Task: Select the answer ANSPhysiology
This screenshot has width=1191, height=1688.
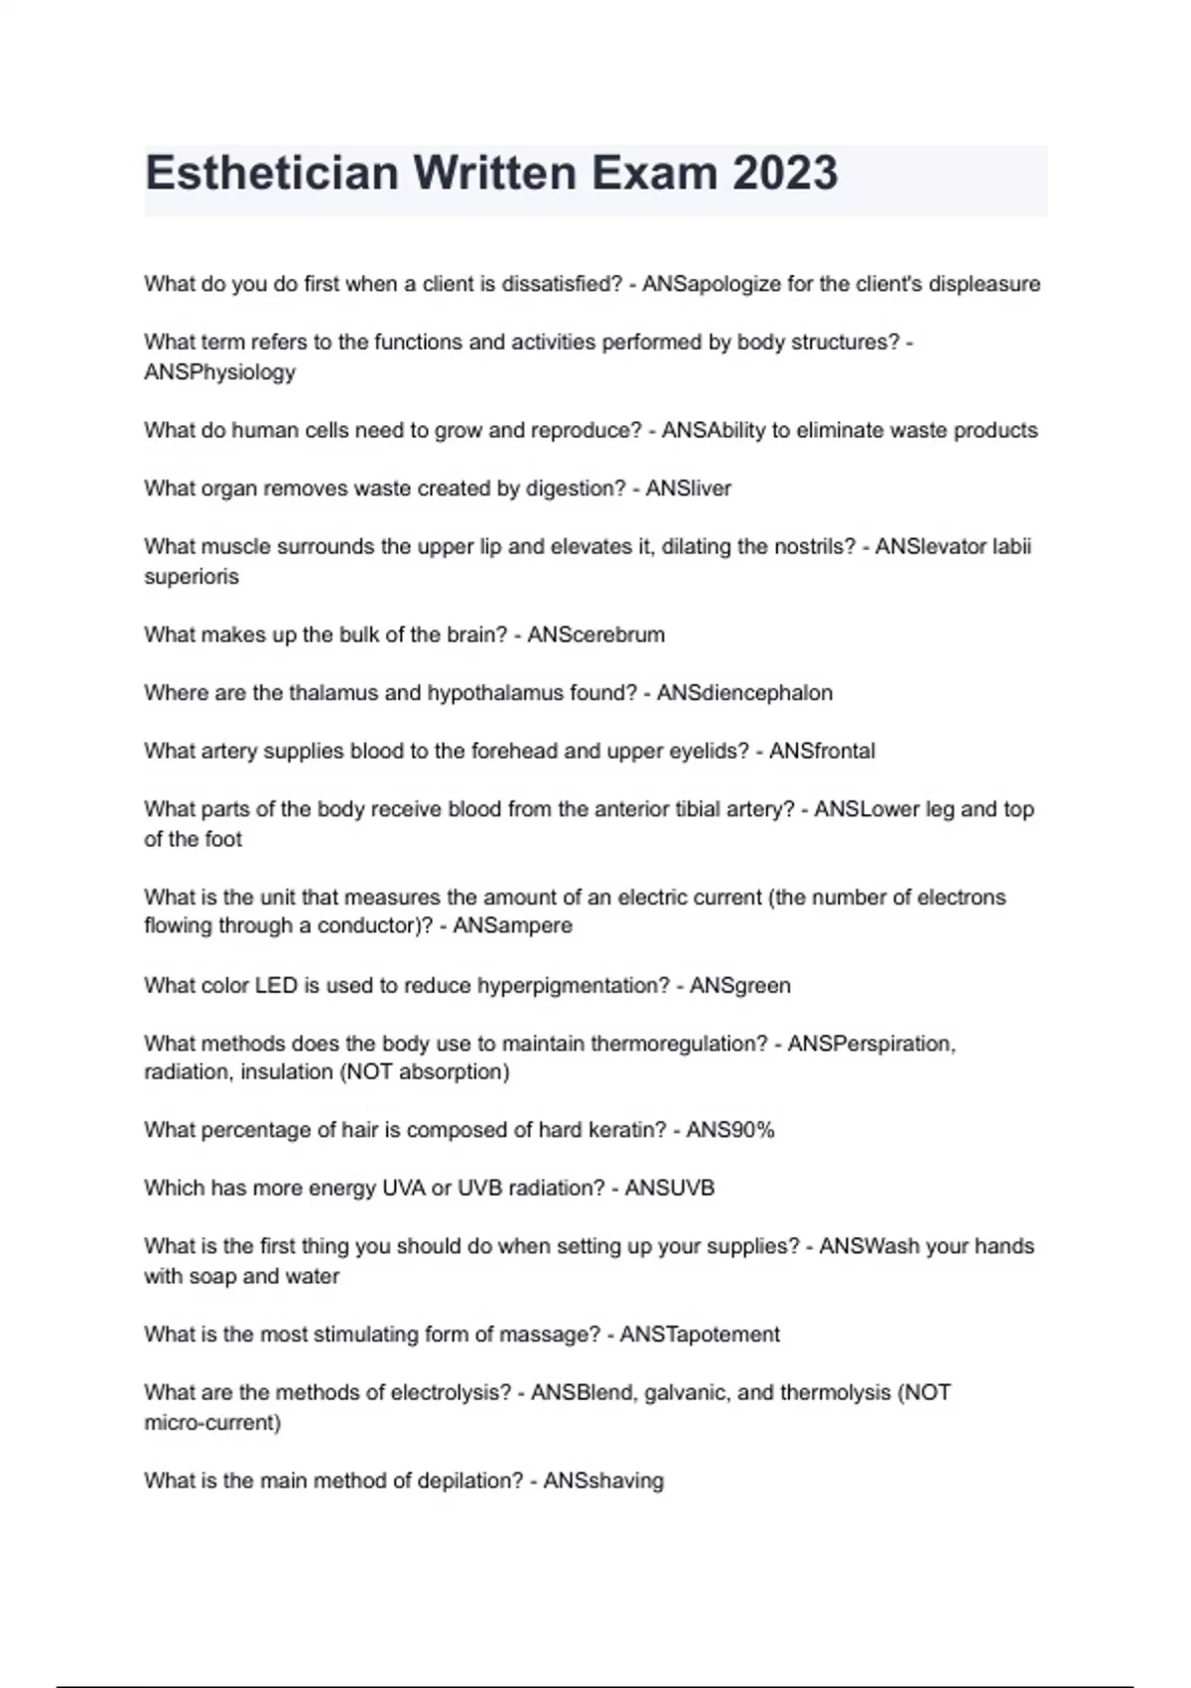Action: click(219, 372)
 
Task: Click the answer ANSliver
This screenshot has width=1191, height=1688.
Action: click(688, 489)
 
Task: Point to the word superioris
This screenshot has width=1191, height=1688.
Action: click(192, 577)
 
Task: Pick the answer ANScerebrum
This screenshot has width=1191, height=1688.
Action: click(595, 634)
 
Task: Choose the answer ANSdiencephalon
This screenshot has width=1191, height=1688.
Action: click(744, 693)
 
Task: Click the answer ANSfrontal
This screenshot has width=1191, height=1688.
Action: click(822, 752)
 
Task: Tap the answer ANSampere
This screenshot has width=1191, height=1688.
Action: click(512, 925)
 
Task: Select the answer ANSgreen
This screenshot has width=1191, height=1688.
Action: click(739, 986)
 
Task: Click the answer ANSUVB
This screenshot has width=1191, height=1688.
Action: click(669, 1189)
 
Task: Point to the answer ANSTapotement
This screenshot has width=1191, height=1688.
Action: click(700, 1335)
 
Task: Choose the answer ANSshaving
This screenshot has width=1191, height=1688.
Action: click(603, 1481)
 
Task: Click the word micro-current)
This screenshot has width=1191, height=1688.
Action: click(212, 1423)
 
